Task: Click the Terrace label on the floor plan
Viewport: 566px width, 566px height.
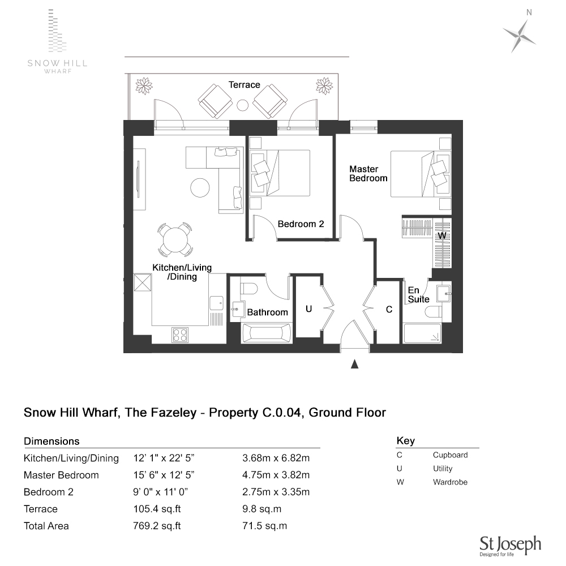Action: tap(244, 85)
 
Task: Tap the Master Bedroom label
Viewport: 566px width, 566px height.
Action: tap(368, 173)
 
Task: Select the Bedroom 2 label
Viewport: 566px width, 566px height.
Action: tap(301, 224)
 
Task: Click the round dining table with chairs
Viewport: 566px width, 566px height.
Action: tap(175, 241)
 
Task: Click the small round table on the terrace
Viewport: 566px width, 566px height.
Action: tap(243, 105)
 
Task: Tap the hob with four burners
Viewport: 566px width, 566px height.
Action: tap(180, 335)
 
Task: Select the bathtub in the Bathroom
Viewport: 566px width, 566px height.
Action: tap(266, 333)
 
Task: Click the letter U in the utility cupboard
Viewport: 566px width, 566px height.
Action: tap(308, 309)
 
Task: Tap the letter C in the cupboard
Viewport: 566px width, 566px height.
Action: tap(389, 310)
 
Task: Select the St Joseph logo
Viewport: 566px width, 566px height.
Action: tap(510, 545)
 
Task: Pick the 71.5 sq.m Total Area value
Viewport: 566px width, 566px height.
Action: tap(264, 526)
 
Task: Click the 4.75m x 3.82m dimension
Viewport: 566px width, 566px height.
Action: tap(276, 475)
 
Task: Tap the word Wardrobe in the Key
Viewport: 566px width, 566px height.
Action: tap(450, 482)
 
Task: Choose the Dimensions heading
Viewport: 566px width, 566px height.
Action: tap(52, 441)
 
